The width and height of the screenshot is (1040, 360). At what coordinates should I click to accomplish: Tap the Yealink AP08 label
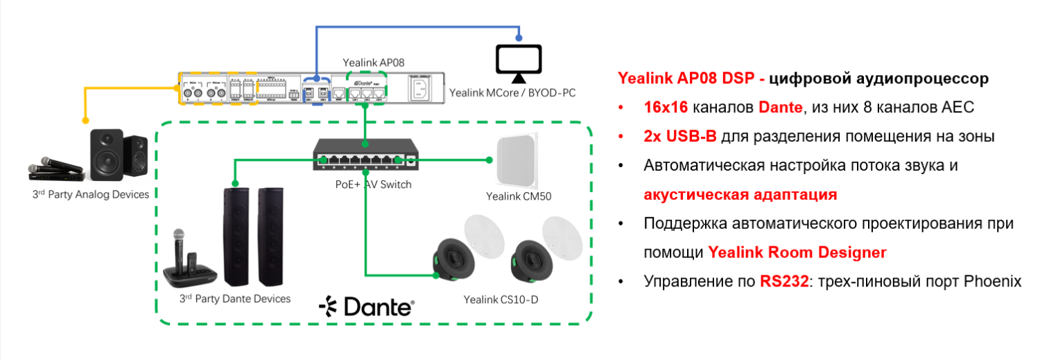pos(374,62)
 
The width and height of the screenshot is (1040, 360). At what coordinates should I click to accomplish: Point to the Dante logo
pos(366,306)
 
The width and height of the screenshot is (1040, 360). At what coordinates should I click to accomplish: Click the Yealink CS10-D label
pos(498,300)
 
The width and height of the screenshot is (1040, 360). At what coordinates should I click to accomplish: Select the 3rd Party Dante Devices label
pos(234,298)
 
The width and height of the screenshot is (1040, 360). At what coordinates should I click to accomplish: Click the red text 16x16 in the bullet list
pos(664,108)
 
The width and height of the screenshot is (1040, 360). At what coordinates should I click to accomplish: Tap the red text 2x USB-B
pos(679,137)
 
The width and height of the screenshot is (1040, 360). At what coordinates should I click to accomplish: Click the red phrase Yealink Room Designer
pos(797,252)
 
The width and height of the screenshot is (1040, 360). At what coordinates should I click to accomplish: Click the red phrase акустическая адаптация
pos(740,195)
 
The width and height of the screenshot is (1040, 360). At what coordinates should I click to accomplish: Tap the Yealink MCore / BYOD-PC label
pos(512,92)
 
